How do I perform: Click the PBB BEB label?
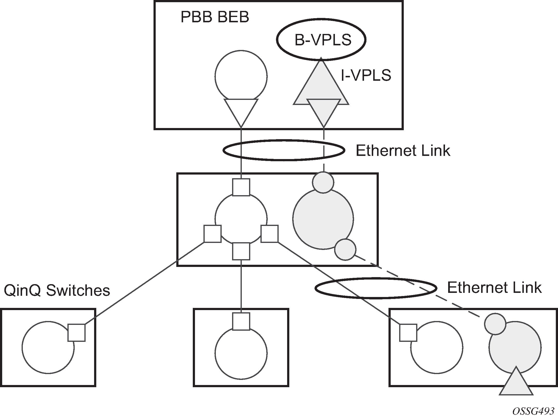coord(215,17)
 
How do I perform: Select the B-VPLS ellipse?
coord(321,40)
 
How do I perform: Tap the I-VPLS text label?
coord(366,75)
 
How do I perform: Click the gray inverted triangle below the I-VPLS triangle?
coord(324,110)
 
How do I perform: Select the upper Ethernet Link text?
coord(403,151)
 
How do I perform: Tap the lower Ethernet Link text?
coord(494,288)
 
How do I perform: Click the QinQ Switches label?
coord(57,290)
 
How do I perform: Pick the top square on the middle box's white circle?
coord(241,187)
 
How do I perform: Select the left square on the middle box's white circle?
coord(212,234)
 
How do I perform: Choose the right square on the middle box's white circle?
coord(269,234)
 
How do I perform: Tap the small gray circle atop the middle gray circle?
coord(323,182)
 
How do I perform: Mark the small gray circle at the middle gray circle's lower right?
coord(345,249)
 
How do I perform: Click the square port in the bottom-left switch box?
coord(76,333)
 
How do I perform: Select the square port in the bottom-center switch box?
coord(241,321)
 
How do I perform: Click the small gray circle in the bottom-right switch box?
coord(495,324)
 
